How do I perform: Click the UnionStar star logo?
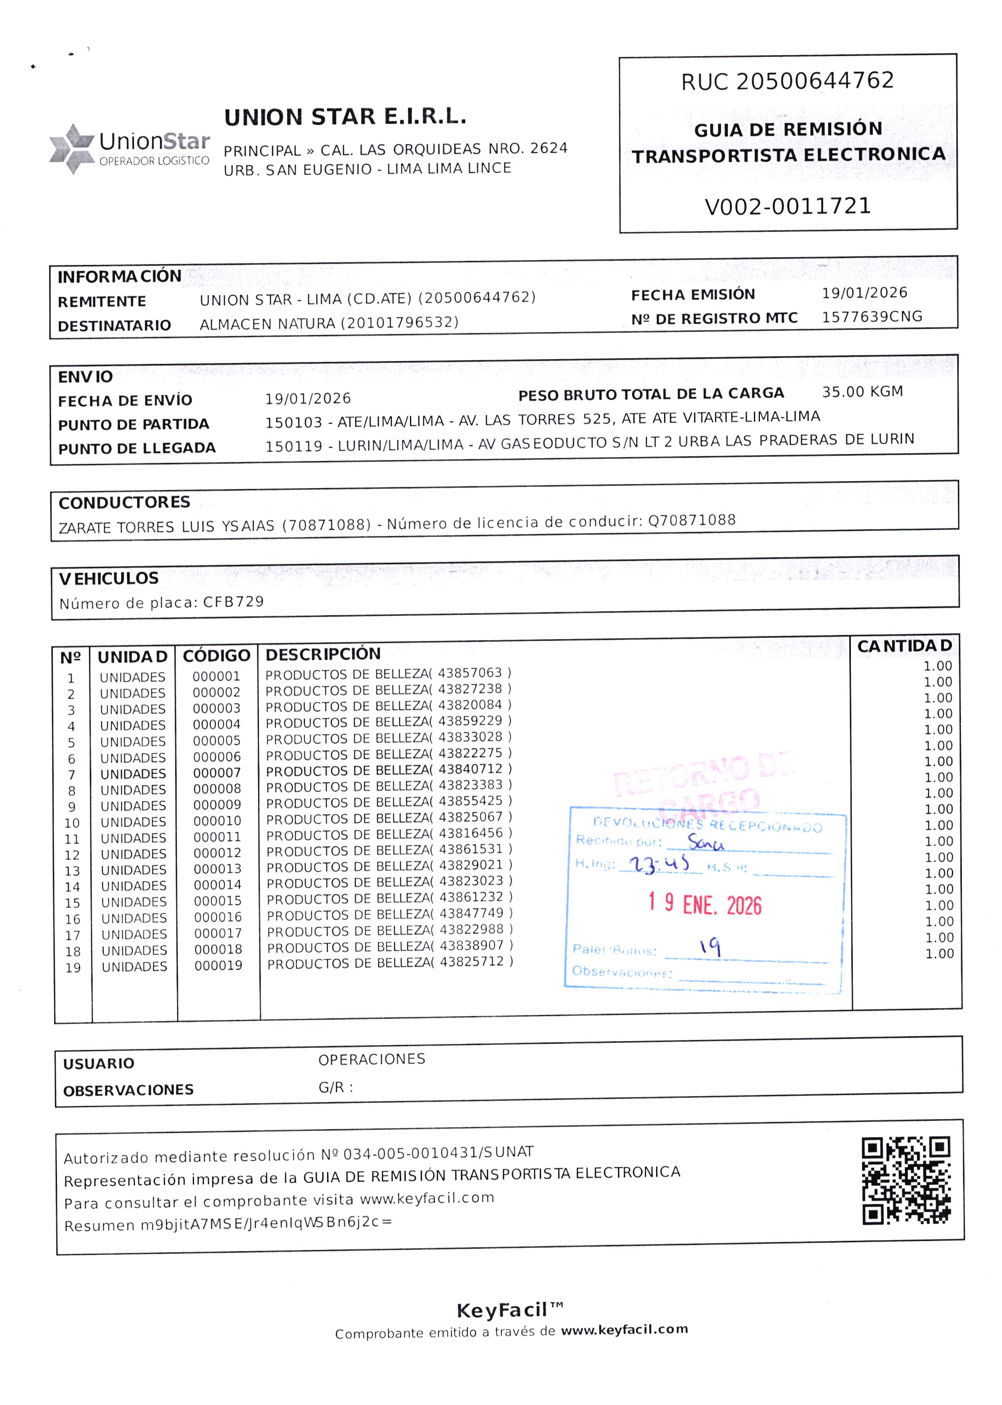pos(72,149)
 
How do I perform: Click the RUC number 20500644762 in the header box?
pos(814,81)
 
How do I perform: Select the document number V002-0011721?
pos(788,206)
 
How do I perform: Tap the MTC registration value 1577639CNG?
pos(872,317)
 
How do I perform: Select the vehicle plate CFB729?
pos(233,602)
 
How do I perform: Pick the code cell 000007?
pos(217,773)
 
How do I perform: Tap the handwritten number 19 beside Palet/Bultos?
pos(710,946)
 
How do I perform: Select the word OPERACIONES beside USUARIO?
pos(372,1060)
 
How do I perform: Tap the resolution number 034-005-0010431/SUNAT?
pos(438,1153)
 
